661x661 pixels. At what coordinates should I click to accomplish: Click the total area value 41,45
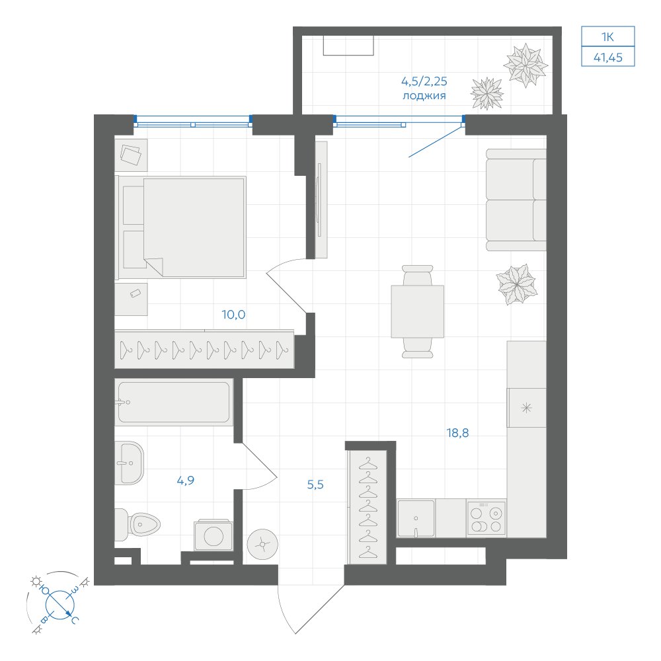click(x=608, y=58)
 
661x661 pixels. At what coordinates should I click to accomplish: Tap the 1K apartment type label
click(x=607, y=37)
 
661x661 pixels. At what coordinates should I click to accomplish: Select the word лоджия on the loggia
click(x=424, y=96)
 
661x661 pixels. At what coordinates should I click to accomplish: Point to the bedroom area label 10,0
click(x=233, y=315)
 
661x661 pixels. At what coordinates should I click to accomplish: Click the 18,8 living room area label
click(x=457, y=432)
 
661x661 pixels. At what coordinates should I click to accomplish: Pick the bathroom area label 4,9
click(x=186, y=480)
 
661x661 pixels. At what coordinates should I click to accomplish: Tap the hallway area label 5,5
click(x=315, y=485)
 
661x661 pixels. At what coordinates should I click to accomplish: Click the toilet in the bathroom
click(x=138, y=525)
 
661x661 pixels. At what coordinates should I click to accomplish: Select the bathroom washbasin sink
click(x=130, y=463)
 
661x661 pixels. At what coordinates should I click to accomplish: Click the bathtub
click(x=174, y=402)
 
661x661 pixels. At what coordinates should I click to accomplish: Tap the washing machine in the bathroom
click(x=214, y=535)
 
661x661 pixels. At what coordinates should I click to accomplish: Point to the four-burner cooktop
click(x=486, y=518)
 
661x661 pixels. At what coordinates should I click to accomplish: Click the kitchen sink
click(x=416, y=518)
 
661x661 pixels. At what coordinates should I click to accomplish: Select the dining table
click(x=417, y=311)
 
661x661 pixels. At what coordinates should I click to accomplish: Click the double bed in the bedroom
click(x=181, y=227)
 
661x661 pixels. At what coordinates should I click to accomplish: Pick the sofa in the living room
click(x=516, y=200)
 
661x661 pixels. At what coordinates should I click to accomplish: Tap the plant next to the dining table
click(x=517, y=284)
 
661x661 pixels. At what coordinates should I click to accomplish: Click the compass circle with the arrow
click(x=60, y=605)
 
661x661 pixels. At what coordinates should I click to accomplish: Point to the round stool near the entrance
click(x=262, y=545)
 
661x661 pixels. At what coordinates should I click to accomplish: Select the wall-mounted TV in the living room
click(x=319, y=200)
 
